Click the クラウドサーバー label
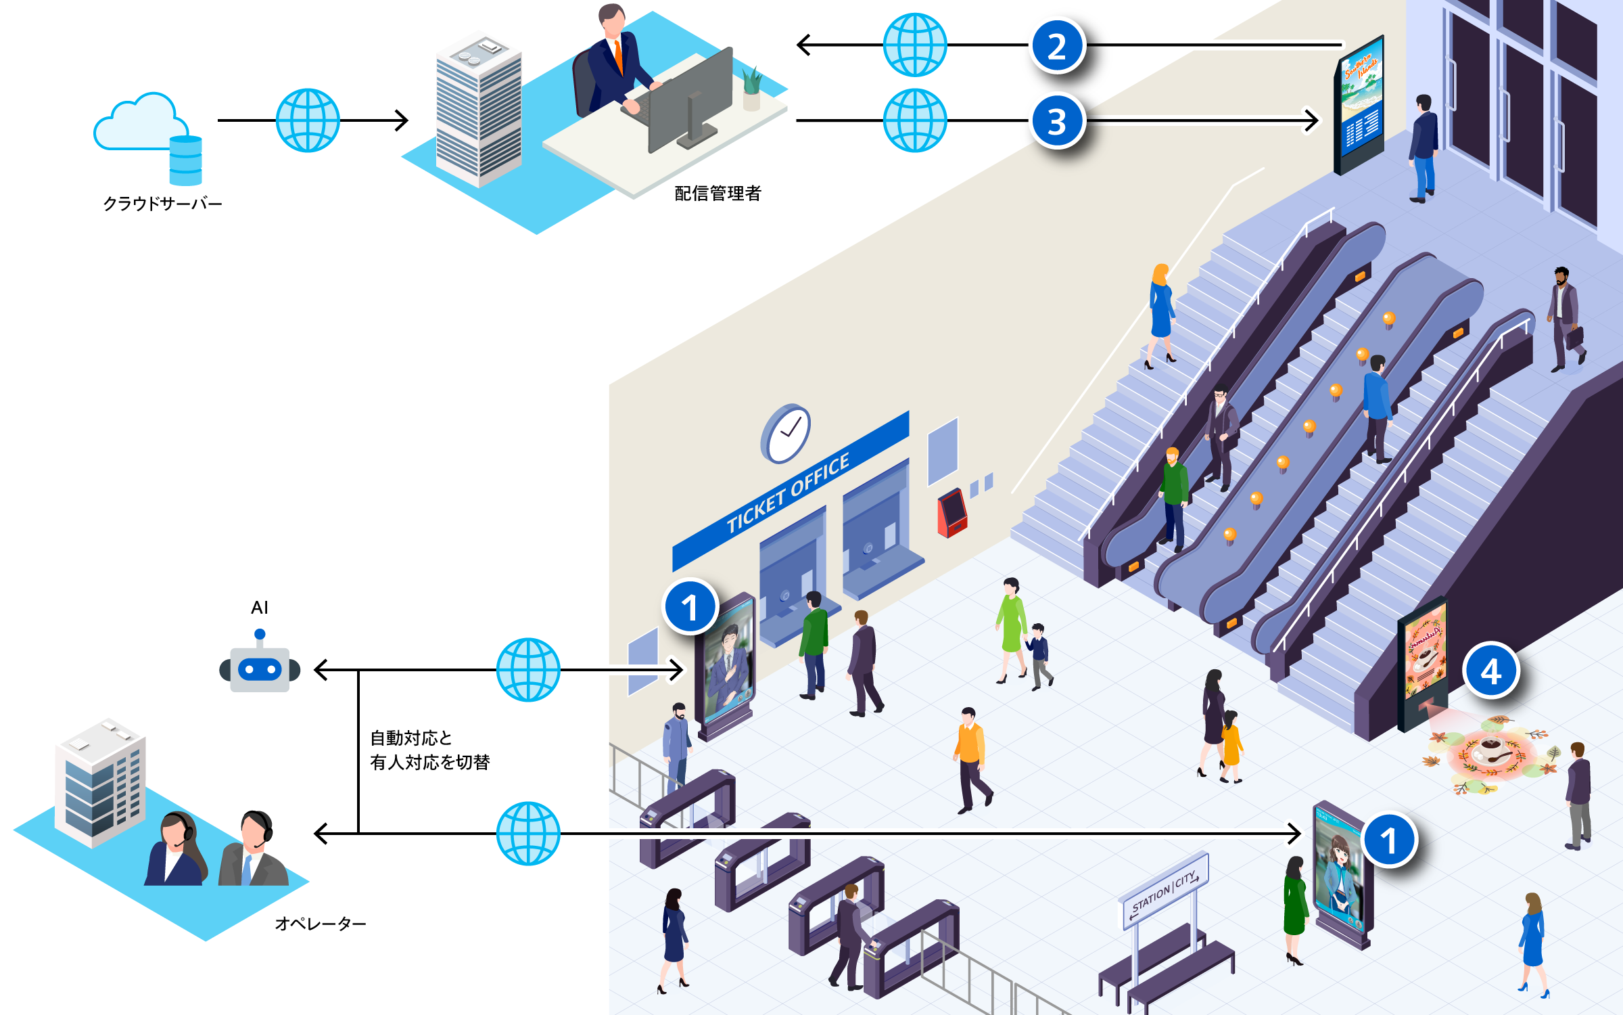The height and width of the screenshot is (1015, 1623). pyautogui.click(x=162, y=204)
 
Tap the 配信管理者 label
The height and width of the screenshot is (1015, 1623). pyautogui.click(x=718, y=194)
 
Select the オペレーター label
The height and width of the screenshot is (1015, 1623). pyautogui.click(x=321, y=924)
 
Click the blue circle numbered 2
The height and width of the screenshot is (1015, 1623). pyautogui.click(x=1057, y=46)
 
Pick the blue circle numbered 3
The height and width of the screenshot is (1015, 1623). pyautogui.click(x=1057, y=122)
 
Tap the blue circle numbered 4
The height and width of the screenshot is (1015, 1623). pyautogui.click(x=1490, y=671)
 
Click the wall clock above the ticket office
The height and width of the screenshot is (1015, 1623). pyautogui.click(x=786, y=433)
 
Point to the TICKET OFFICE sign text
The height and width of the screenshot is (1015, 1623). pyautogui.click(x=789, y=493)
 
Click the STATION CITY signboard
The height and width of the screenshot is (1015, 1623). pyautogui.click(x=1165, y=891)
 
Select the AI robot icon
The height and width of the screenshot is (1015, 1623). pyautogui.click(x=260, y=667)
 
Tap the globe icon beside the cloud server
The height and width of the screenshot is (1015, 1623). pyautogui.click(x=308, y=120)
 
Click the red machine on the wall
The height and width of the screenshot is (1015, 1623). pyautogui.click(x=952, y=512)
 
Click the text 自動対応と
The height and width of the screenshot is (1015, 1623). pyautogui.click(x=411, y=738)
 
